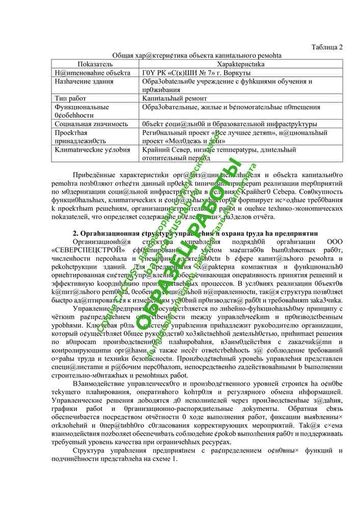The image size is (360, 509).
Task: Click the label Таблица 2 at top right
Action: pos(327,47)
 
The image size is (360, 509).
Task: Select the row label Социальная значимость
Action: pos(91,124)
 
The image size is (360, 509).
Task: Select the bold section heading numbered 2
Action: pos(196,233)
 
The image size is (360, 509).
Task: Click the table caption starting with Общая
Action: pos(197,55)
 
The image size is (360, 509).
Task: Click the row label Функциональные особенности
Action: pos(81,111)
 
